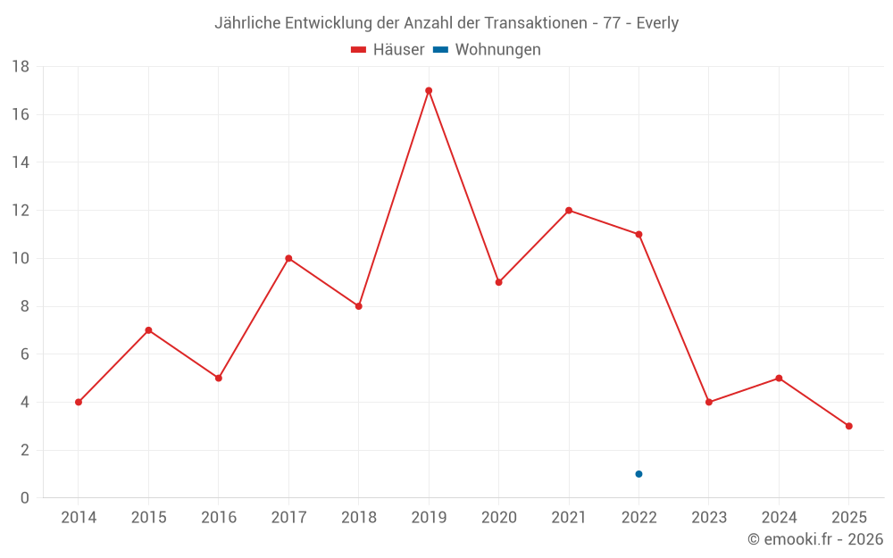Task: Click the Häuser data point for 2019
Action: pos(429,90)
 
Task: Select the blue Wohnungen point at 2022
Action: pos(638,474)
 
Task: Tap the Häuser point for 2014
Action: pos(79,402)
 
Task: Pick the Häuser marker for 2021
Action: pos(569,211)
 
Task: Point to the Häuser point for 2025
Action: pos(848,426)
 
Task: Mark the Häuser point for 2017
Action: pos(288,258)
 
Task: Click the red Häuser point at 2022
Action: pos(638,234)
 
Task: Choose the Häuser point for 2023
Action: pos(709,402)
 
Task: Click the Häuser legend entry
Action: pos(388,50)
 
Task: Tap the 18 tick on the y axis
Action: pos(21,67)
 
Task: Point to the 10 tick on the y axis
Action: pos(21,259)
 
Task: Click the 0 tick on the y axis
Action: pos(25,498)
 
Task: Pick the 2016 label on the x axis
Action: pos(219,517)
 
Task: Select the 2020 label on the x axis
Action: pos(499,517)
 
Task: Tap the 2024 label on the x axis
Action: pos(779,517)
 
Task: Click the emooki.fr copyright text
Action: pos(815,539)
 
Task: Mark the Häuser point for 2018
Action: pos(359,306)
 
